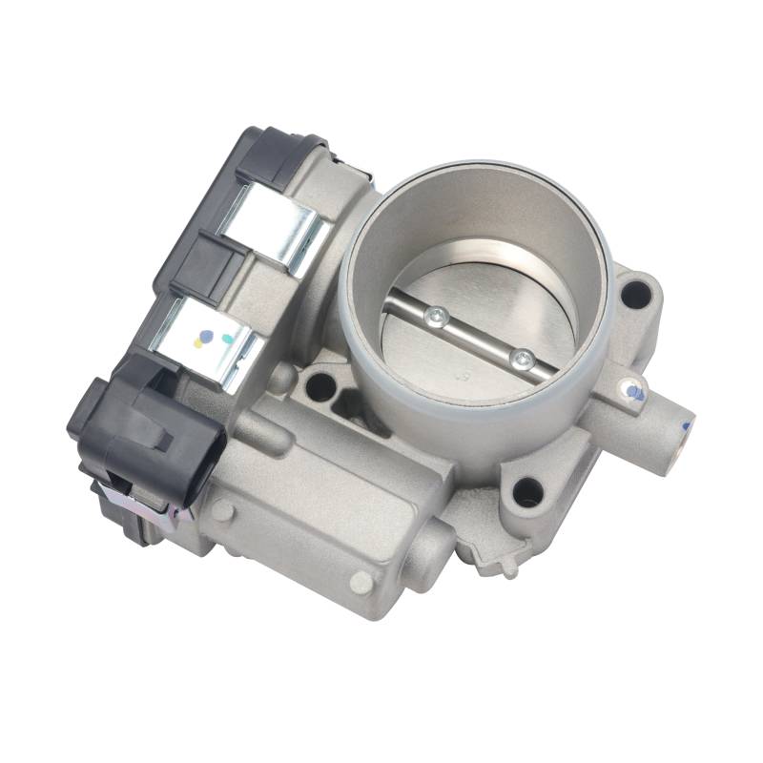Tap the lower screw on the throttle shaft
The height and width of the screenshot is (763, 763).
coord(522,360)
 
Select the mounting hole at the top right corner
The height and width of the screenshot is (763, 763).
coord(633,295)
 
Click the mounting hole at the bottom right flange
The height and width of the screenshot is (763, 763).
coord(527,492)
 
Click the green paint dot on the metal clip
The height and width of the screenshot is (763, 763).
coord(227,337)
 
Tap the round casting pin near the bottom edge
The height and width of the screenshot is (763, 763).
coord(361,581)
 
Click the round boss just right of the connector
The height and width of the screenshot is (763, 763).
coord(221,510)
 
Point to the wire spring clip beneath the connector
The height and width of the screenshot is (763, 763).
coord(143,501)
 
